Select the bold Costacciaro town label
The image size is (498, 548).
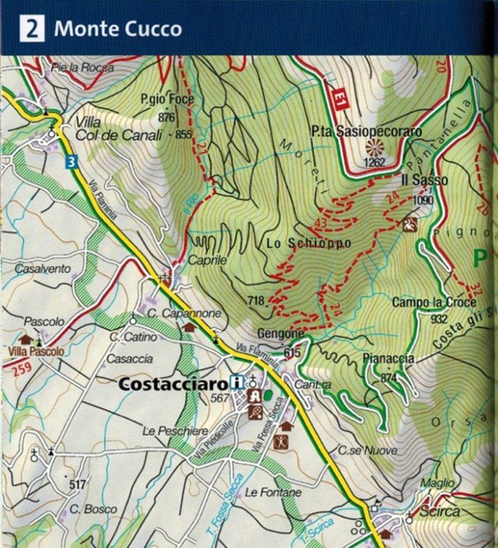click(173, 382)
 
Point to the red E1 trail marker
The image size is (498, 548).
click(339, 100)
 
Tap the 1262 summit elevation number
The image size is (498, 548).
click(374, 162)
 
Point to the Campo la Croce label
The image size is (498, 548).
click(434, 302)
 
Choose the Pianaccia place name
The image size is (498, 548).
click(388, 358)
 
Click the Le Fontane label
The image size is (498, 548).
click(273, 492)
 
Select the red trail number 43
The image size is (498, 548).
click(320, 222)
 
